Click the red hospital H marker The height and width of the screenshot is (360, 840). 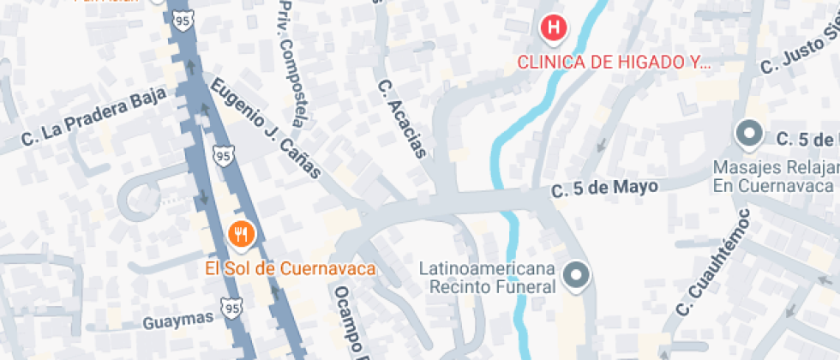tap(555, 28)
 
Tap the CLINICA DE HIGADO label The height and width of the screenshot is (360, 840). tap(614, 63)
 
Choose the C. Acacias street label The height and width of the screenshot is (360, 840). tap(402, 119)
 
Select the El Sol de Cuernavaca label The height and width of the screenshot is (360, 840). tap(291, 268)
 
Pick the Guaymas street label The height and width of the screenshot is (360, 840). tap(178, 319)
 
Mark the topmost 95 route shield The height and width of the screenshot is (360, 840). tap(180, 18)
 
